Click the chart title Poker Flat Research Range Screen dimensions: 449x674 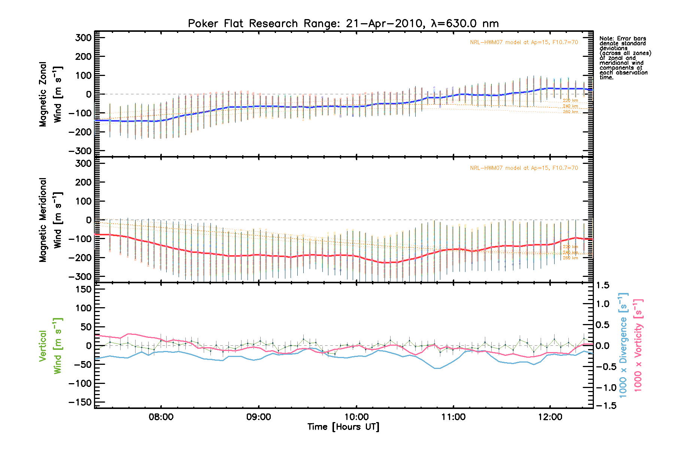point(343,24)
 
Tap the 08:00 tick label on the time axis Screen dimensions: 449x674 point(161,417)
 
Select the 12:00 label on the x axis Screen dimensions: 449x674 point(550,417)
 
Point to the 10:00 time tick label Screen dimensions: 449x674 point(356,417)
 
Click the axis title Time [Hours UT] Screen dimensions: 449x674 point(343,427)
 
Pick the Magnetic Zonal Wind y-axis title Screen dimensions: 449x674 point(50,94)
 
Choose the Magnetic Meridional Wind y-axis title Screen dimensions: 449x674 point(50,220)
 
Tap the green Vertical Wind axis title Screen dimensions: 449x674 point(50,346)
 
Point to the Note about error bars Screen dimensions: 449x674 point(625,58)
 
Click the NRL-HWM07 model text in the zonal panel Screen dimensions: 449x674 point(524,42)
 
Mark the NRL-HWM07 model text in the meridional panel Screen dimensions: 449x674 point(524,168)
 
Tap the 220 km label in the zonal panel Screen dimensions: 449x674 point(570,100)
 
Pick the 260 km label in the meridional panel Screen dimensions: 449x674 point(570,258)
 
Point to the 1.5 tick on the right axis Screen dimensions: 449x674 point(602,285)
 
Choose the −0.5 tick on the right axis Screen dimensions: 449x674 point(606,367)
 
